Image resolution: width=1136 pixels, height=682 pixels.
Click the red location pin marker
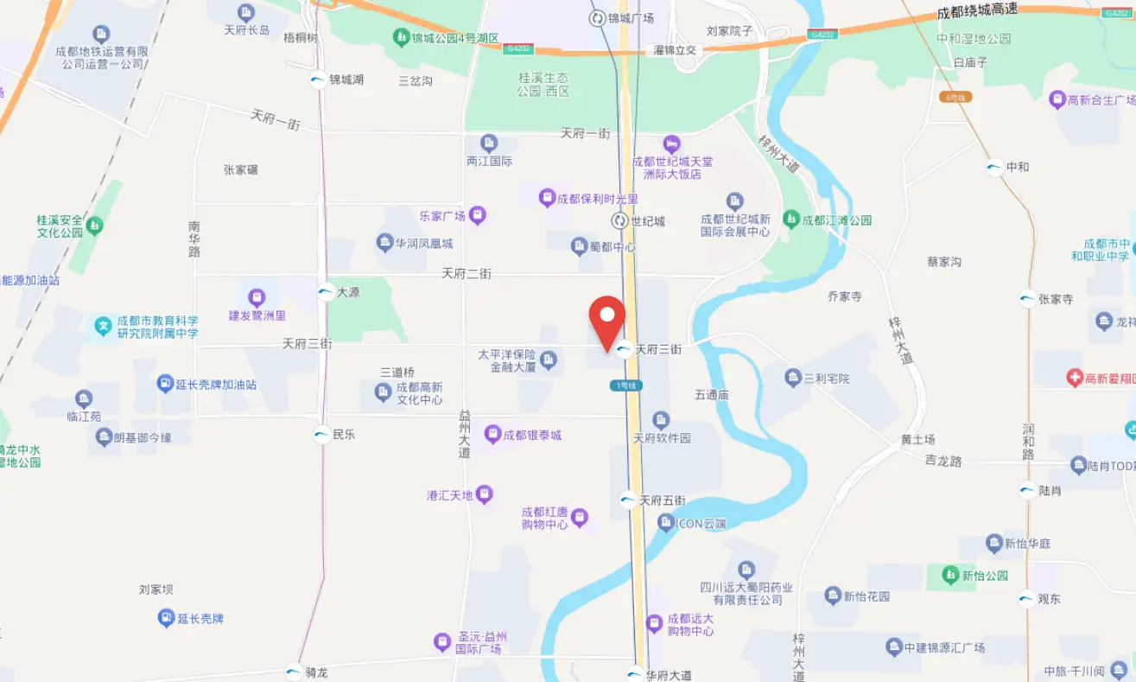point(607,321)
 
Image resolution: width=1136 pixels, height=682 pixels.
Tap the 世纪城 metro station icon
point(619,221)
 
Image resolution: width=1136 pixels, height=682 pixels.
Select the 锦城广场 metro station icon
point(597,18)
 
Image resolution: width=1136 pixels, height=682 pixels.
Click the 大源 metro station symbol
point(326,292)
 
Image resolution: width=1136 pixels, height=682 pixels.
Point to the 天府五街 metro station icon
point(628,500)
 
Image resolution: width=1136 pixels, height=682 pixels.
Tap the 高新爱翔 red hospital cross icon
point(1074,378)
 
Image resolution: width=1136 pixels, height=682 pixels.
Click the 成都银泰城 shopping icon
point(492,434)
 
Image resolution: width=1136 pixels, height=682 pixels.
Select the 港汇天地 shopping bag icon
point(484,494)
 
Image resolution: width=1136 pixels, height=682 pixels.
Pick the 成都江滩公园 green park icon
point(790,220)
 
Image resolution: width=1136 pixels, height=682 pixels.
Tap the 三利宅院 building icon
point(793,378)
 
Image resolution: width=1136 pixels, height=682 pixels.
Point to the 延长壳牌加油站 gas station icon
point(165,384)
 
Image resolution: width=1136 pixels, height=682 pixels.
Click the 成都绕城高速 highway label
point(988,15)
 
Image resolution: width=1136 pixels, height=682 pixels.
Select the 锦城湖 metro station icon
point(318,80)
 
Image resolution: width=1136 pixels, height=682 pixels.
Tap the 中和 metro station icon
point(995,167)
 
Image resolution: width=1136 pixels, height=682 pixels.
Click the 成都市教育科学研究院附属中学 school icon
point(103,326)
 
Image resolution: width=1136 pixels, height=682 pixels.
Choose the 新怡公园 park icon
point(950,575)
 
